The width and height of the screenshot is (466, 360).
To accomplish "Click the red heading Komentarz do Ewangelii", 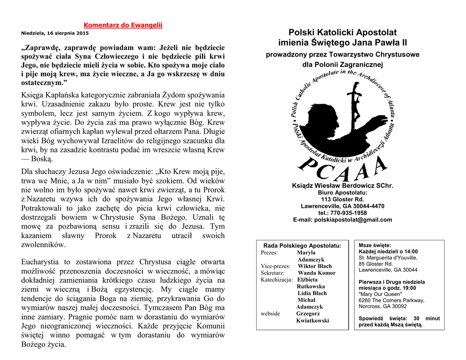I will click(123, 25).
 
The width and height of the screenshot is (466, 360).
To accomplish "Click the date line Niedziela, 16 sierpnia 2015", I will click(55, 33).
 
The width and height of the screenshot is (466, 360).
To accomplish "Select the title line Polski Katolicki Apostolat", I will click(342, 33).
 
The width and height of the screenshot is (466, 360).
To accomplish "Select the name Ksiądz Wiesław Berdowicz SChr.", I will click(342, 186).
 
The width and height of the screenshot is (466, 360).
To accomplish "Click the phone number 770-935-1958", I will click(349, 213).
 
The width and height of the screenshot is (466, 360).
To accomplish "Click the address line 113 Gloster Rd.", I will click(342, 199).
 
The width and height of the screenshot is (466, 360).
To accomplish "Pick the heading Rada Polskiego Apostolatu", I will click(302, 246).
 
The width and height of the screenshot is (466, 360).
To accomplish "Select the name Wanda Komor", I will click(316, 273).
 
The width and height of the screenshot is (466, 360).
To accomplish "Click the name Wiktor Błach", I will click(314, 266).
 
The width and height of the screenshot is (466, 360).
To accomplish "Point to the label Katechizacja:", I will click(277, 280).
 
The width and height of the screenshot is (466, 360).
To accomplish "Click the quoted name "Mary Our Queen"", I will click(380, 294).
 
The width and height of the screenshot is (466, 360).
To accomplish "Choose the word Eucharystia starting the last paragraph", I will click(41, 262).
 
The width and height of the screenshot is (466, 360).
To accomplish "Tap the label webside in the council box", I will click(270, 314).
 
